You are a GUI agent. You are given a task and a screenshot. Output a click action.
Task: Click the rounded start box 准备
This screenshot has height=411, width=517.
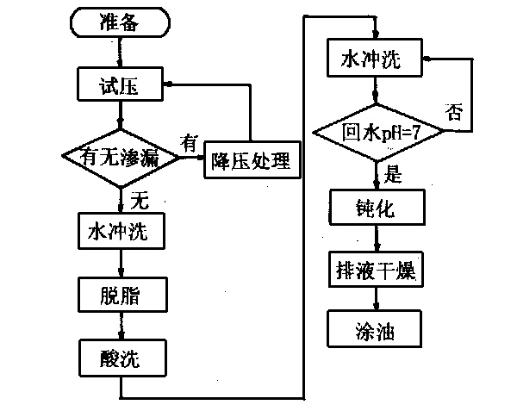(x=120, y=23)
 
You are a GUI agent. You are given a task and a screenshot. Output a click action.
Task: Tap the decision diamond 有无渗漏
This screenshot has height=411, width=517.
(x=121, y=158)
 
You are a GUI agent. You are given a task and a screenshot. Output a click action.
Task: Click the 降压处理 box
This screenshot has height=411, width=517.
(x=251, y=160)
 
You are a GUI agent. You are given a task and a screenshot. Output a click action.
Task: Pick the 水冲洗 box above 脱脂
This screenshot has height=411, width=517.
(x=121, y=233)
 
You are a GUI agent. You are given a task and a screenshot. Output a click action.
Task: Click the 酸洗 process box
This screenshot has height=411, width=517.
(x=121, y=355)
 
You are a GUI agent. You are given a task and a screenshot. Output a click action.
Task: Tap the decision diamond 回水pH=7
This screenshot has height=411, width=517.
(x=377, y=134)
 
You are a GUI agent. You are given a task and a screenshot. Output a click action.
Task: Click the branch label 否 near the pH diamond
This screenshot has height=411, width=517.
(x=455, y=109)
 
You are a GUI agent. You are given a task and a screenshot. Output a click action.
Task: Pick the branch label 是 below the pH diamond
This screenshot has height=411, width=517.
(x=393, y=177)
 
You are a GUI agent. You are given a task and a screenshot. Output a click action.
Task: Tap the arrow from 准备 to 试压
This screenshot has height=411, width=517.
(x=120, y=53)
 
